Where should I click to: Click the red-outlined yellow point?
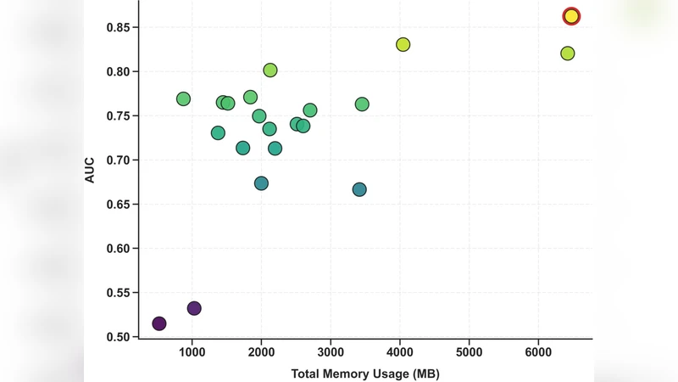(571, 16)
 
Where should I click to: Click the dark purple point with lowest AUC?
(159, 323)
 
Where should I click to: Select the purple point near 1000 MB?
(194, 308)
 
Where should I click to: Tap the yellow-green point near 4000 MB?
(403, 44)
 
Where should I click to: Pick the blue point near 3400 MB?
(359, 189)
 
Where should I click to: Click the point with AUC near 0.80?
(270, 70)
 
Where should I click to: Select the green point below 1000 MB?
(183, 99)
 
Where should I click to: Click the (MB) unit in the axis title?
(425, 374)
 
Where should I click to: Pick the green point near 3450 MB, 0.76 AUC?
(362, 104)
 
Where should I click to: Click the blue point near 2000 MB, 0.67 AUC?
(261, 183)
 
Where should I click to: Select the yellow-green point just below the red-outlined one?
(568, 53)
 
